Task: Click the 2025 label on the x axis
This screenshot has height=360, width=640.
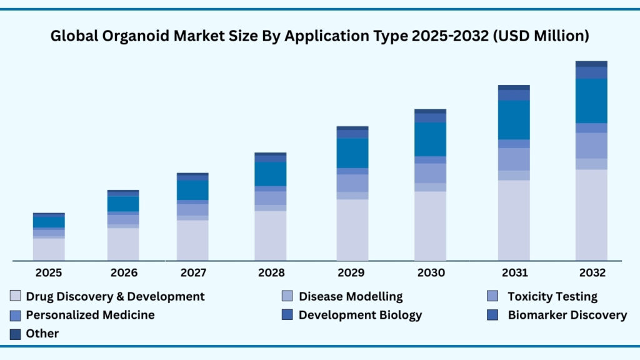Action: [x=49, y=272]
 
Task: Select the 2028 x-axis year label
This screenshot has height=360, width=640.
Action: [x=271, y=272]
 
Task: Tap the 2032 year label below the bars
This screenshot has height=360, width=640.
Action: [x=591, y=272]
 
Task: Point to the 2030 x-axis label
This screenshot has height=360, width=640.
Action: [x=430, y=272]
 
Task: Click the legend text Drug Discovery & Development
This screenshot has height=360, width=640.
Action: [x=115, y=296]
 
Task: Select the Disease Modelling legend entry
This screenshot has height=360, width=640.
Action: [x=350, y=296]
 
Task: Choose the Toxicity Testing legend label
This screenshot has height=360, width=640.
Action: [x=552, y=296]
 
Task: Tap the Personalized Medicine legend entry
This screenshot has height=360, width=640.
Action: [x=90, y=314]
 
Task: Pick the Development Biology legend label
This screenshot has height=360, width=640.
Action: [x=360, y=314]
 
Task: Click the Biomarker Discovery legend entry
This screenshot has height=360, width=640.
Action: [x=567, y=314]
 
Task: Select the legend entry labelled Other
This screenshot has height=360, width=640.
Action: [x=42, y=333]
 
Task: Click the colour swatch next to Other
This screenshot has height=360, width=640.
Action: [x=16, y=334]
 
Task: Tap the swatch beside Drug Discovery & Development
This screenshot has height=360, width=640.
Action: [x=16, y=296]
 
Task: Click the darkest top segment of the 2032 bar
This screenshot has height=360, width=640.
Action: [x=591, y=64]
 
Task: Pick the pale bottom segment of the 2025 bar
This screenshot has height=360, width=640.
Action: [x=49, y=249]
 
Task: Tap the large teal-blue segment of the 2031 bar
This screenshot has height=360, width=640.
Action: [x=514, y=119]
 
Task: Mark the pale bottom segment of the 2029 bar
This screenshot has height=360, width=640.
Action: [x=352, y=229]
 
